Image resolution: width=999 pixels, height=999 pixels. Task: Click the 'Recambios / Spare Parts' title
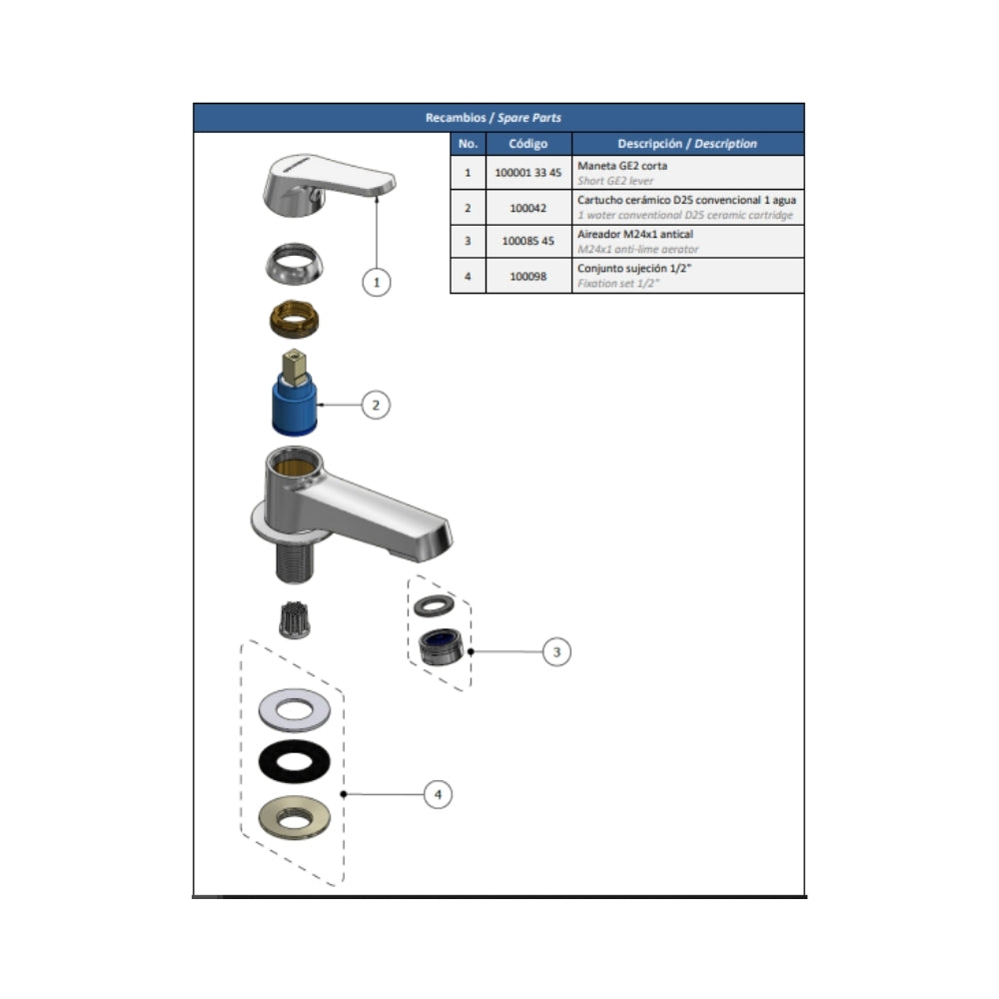[494, 118]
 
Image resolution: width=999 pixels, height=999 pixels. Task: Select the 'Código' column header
[528, 144]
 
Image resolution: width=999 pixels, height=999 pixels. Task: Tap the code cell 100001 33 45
[528, 173]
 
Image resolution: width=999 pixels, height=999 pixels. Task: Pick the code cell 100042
[528, 208]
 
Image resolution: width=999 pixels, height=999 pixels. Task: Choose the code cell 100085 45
[528, 241]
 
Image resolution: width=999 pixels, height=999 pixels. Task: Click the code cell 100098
[528, 276]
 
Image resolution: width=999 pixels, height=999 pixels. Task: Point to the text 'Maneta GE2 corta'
[622, 166]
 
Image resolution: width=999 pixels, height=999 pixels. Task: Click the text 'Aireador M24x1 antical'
[635, 234]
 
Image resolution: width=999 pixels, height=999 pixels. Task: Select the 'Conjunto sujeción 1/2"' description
[634, 268]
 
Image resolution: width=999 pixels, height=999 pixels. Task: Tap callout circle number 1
[377, 283]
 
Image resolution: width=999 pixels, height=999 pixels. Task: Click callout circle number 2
[376, 405]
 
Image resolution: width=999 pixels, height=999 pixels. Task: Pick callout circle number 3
[556, 651]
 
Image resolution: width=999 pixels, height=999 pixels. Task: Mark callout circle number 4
[438, 794]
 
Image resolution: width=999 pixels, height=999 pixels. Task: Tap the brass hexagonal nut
[294, 320]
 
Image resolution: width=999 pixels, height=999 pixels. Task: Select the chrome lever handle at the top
[328, 184]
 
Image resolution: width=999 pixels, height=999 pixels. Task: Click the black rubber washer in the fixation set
[295, 761]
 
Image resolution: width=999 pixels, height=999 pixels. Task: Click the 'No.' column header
[468, 144]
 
